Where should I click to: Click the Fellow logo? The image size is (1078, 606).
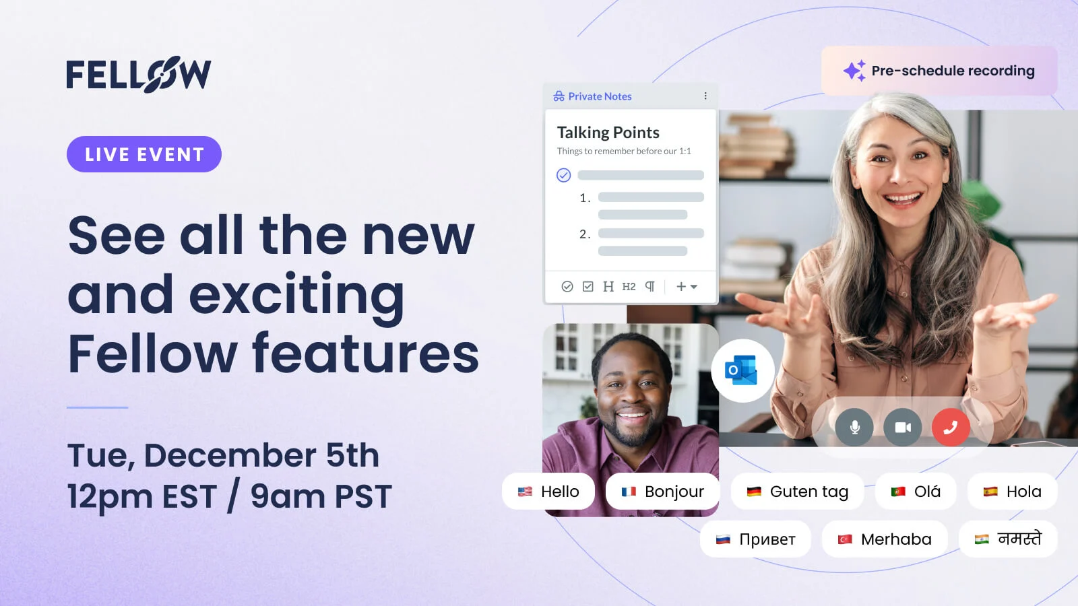(139, 74)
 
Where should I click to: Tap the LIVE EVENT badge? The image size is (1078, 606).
(144, 154)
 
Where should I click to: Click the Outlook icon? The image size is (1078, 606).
(742, 370)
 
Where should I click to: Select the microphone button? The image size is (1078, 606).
(854, 427)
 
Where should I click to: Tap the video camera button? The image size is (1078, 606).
(902, 427)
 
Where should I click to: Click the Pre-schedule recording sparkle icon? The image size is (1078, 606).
(854, 71)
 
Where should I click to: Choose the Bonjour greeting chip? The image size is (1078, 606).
(662, 491)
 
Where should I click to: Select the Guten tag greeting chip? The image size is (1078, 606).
(797, 491)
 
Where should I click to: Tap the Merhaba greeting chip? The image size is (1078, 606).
(885, 539)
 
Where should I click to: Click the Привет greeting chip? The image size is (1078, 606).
(755, 539)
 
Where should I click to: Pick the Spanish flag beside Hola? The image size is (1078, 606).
(990, 492)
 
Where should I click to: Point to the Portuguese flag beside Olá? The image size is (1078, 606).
(898, 492)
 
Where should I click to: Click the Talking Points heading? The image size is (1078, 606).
(608, 132)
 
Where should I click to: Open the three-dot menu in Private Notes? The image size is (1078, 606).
(705, 96)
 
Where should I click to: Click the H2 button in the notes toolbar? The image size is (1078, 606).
(629, 287)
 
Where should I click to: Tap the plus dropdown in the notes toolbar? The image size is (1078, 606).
(687, 287)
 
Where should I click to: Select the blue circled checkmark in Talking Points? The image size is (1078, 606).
(563, 175)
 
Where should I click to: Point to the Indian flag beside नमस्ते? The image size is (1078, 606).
(982, 539)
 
